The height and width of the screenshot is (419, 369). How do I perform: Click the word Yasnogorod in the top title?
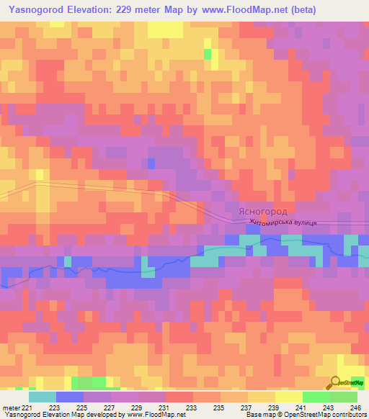[x=35, y=10]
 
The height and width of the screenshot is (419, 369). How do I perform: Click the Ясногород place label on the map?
[x=262, y=212]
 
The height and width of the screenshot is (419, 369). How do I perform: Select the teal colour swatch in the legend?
[x=42, y=397]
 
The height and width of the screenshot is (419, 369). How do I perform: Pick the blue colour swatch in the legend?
[x=69, y=397]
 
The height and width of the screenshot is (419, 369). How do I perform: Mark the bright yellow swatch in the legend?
[x=288, y=397]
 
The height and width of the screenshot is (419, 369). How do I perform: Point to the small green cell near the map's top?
[x=208, y=53]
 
